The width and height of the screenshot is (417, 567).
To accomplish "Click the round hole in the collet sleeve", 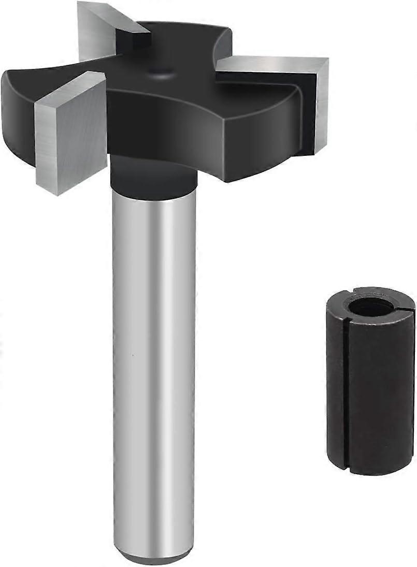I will tap(371, 307).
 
